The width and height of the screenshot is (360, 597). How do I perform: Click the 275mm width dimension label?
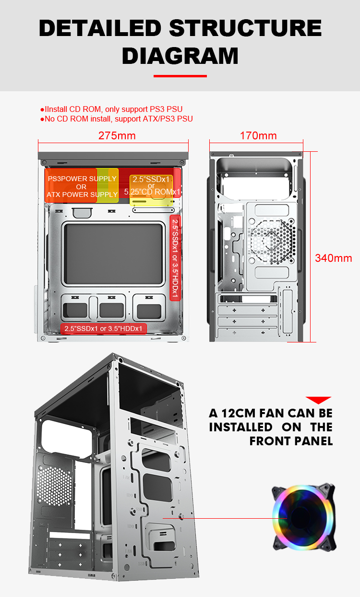[x=117, y=135]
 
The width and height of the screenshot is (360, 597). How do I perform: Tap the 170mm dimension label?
[x=258, y=135]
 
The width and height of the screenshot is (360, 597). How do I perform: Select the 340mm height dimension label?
[x=334, y=258]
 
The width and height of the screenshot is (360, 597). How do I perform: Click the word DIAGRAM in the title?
[x=180, y=56]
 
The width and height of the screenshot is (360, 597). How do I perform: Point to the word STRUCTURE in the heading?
[x=245, y=28]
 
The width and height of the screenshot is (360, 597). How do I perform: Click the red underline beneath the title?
[x=180, y=76]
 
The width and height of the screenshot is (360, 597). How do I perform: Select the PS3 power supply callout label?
[x=82, y=186]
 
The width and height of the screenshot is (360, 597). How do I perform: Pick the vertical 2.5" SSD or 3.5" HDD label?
[x=175, y=258]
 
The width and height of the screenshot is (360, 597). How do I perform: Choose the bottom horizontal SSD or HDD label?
[x=103, y=329]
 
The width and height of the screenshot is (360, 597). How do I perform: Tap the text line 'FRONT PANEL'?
[x=291, y=441]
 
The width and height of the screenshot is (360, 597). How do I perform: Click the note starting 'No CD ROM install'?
[x=116, y=119]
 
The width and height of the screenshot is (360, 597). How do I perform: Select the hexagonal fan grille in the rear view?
[x=272, y=241]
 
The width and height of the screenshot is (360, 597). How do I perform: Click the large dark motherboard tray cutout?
[x=113, y=254]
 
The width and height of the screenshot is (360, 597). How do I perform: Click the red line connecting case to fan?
[x=225, y=518]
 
